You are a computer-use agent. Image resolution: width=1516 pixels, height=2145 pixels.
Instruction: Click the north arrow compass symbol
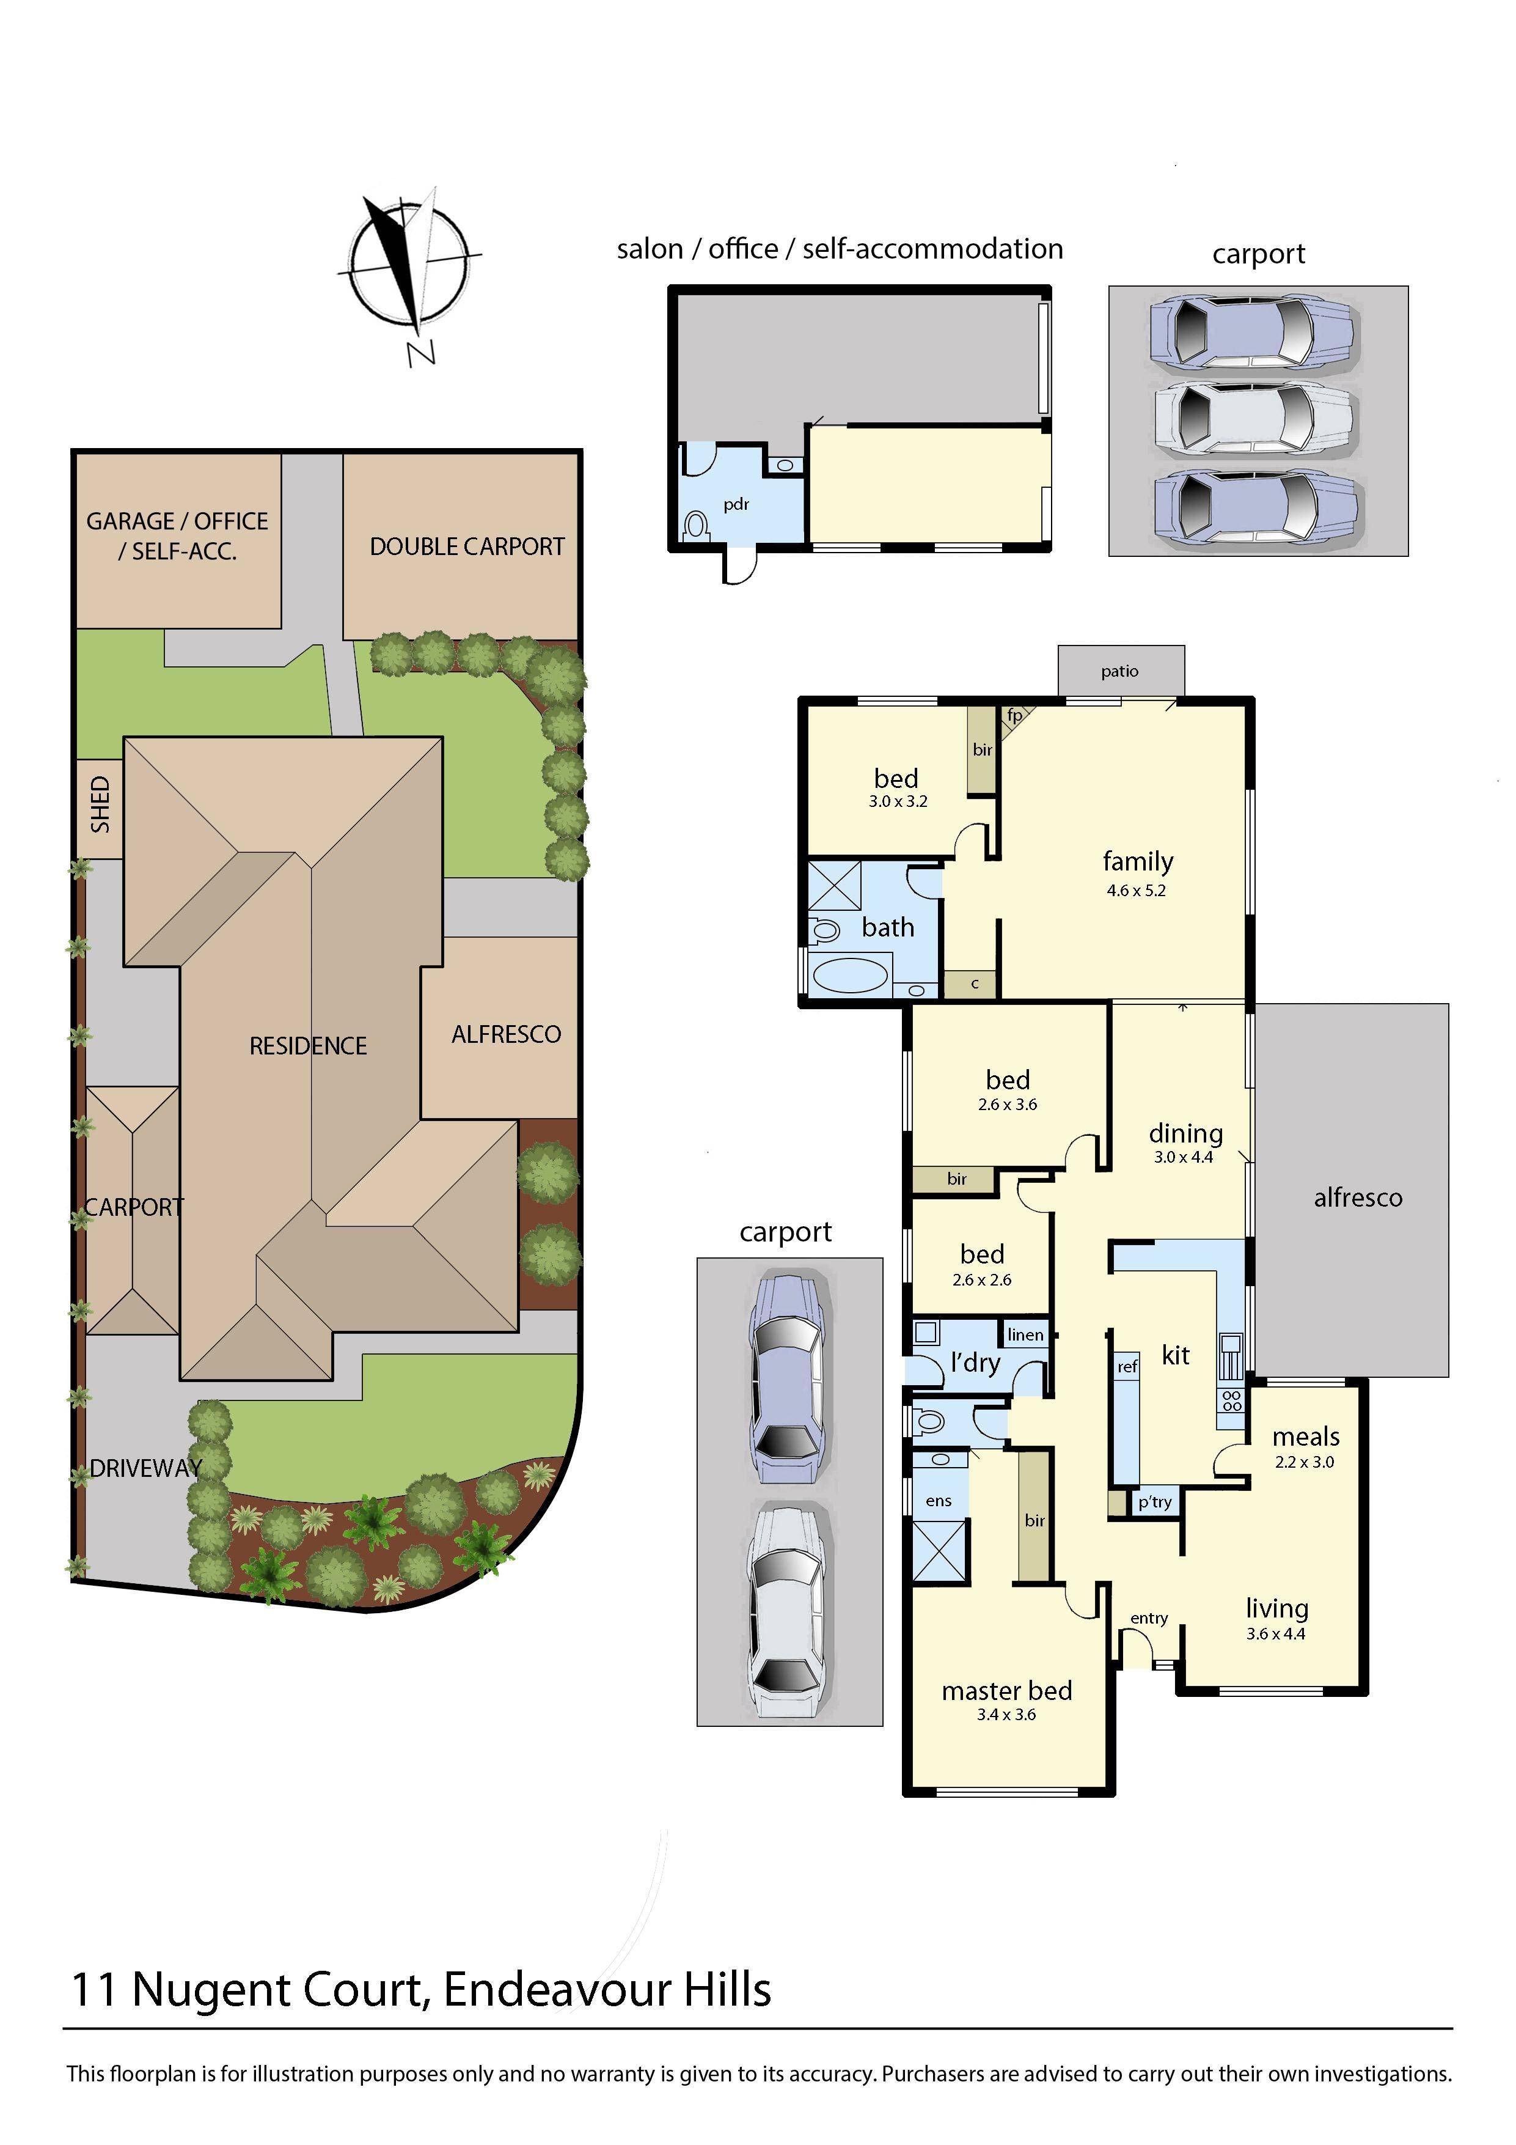pyautogui.click(x=410, y=267)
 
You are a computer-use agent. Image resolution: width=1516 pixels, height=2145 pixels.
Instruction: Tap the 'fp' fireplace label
pyautogui.click(x=1014, y=716)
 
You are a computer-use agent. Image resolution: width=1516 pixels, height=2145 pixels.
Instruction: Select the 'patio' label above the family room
pyautogui.click(x=1120, y=671)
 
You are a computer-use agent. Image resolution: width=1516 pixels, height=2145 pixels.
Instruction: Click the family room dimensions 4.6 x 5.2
pyautogui.click(x=1136, y=890)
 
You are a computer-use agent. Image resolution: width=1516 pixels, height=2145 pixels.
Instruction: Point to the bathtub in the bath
pyautogui.click(x=851, y=976)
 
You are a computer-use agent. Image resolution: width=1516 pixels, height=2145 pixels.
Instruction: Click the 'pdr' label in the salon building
pyautogui.click(x=736, y=504)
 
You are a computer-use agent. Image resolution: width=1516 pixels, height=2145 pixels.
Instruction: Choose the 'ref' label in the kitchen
pyautogui.click(x=1127, y=1367)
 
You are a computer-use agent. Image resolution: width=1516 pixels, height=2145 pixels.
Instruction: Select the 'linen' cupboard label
pyautogui.click(x=1025, y=1335)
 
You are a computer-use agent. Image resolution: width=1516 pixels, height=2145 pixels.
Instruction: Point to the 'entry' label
pyautogui.click(x=1149, y=1618)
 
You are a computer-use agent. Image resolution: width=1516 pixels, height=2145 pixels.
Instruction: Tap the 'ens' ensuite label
pyautogui.click(x=939, y=1501)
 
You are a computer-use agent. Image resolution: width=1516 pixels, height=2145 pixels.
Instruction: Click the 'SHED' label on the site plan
pyautogui.click(x=100, y=804)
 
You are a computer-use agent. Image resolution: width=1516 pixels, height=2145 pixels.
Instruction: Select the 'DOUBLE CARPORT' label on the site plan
pyautogui.click(x=467, y=546)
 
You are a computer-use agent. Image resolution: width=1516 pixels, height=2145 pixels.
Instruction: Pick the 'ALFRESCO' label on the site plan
pyautogui.click(x=507, y=1034)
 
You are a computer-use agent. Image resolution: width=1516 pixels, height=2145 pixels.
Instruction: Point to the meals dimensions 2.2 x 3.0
pyautogui.click(x=1305, y=1462)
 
